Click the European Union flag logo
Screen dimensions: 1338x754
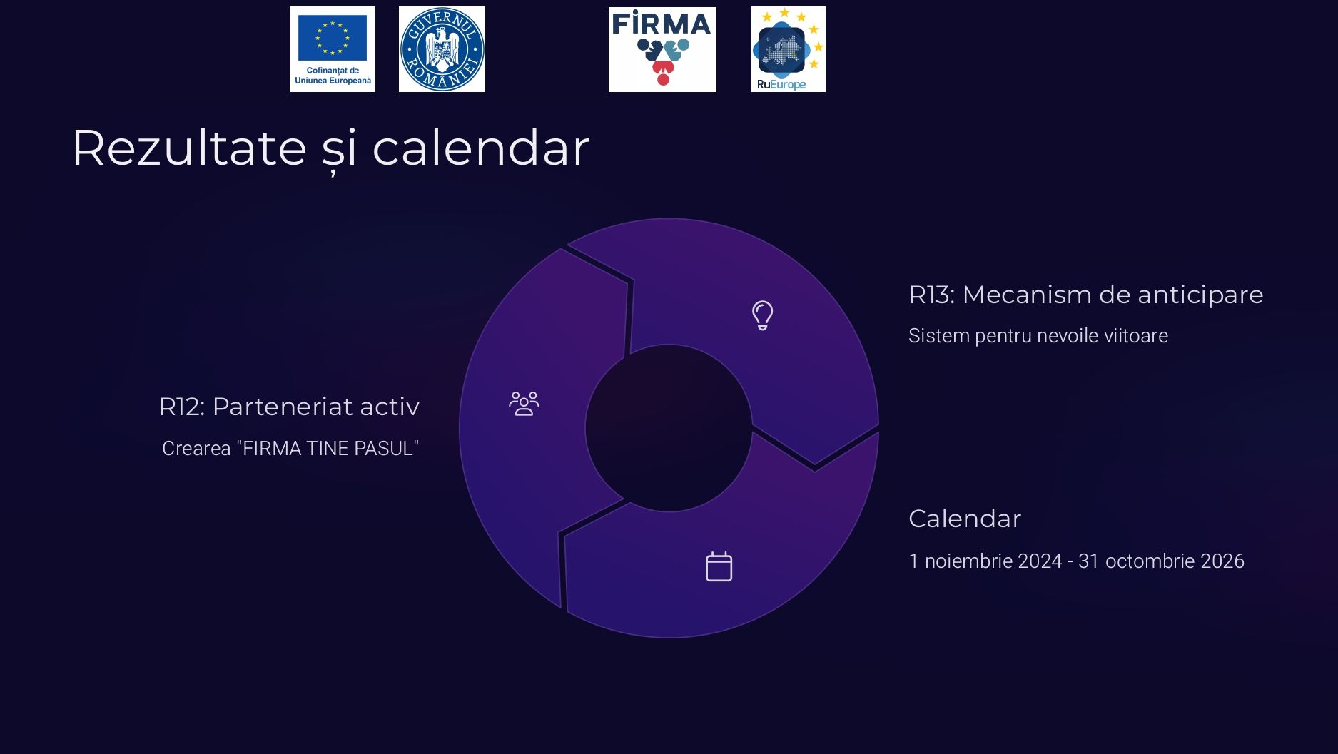tap(333, 49)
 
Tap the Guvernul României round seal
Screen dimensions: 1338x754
tap(442, 49)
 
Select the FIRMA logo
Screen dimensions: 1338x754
tap(662, 49)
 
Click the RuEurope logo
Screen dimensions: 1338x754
tap(788, 49)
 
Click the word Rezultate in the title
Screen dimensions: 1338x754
tap(189, 148)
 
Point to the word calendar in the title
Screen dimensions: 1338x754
tap(481, 148)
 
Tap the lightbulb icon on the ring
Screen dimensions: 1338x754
tap(762, 315)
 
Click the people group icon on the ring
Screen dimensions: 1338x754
tap(524, 404)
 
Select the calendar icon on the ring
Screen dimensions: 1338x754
tap(719, 567)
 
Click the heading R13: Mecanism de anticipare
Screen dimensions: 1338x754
tap(1086, 295)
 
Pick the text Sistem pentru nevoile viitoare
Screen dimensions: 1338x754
tap(1038, 336)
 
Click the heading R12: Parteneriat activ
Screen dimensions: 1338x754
tap(289, 407)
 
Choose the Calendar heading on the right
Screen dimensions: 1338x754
tap(965, 519)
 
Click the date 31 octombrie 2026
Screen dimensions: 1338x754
tap(1161, 561)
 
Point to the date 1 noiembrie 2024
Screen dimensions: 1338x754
tap(985, 561)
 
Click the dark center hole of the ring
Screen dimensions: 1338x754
tap(669, 428)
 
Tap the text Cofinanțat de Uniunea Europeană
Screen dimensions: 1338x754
tap(333, 76)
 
